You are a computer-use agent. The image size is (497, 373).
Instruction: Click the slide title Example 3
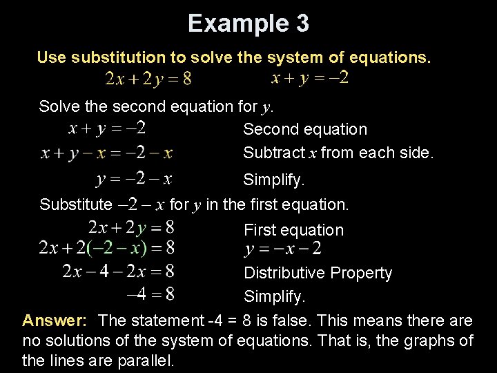(248, 23)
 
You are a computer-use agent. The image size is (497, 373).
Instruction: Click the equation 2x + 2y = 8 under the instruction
(148, 79)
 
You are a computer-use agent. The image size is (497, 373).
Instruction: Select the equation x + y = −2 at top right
(310, 78)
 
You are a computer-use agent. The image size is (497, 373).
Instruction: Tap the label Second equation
(305, 129)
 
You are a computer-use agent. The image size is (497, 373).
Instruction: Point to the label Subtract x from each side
(338, 153)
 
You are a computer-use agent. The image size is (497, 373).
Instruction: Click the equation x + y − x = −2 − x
(106, 153)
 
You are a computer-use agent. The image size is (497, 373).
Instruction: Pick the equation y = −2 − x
(133, 180)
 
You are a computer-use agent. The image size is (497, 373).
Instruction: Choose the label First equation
(293, 230)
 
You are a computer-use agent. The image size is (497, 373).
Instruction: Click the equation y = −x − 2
(283, 249)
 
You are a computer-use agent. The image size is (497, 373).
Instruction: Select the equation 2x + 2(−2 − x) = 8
(107, 247)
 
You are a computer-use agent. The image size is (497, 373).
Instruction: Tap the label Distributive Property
(318, 274)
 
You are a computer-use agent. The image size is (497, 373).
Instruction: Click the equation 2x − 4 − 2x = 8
(118, 271)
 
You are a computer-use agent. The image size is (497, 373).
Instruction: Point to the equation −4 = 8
(150, 294)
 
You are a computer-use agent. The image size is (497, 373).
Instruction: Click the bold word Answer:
(55, 321)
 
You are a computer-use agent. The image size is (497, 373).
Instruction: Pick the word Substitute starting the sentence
(75, 204)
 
